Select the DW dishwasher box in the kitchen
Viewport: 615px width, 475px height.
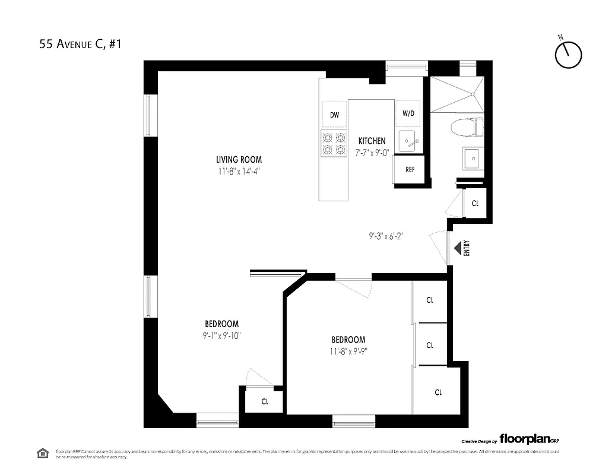(x=334, y=115)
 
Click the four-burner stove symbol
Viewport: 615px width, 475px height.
(x=334, y=143)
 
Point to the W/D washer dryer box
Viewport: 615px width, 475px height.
(x=408, y=113)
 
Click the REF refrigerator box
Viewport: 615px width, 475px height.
(x=410, y=170)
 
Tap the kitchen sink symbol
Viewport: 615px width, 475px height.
(x=409, y=141)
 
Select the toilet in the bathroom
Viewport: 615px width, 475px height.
(x=467, y=126)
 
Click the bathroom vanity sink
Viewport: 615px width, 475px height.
(x=473, y=158)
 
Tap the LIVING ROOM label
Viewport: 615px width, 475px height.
(x=239, y=159)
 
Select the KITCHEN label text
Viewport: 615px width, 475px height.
(x=372, y=141)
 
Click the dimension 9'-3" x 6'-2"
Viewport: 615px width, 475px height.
(x=390, y=235)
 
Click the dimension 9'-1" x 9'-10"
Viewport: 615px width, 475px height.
(x=221, y=335)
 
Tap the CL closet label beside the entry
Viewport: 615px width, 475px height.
(x=475, y=203)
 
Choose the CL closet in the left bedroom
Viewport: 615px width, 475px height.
(x=265, y=401)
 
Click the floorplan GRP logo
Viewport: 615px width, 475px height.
(x=528, y=439)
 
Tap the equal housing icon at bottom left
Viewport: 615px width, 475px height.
(x=43, y=454)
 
